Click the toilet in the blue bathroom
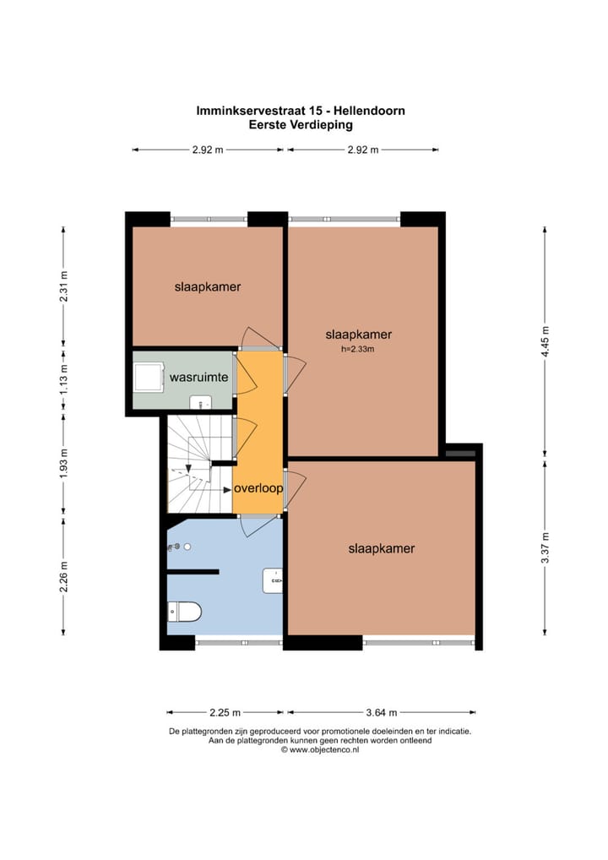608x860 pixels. tap(184, 611)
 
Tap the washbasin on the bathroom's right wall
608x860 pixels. tap(273, 580)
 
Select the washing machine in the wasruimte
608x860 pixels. tap(149, 377)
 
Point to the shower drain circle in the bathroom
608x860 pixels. tap(188, 547)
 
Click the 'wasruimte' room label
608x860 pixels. tap(198, 378)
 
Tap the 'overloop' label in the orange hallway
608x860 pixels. tap(258, 488)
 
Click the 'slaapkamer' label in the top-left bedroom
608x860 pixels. tap(208, 286)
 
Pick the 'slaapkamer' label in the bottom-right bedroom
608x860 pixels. tap(382, 548)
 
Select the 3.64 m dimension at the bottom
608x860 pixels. tap(381, 712)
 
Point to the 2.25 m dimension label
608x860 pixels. tap(225, 712)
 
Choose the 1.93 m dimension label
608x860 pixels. tap(63, 465)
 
